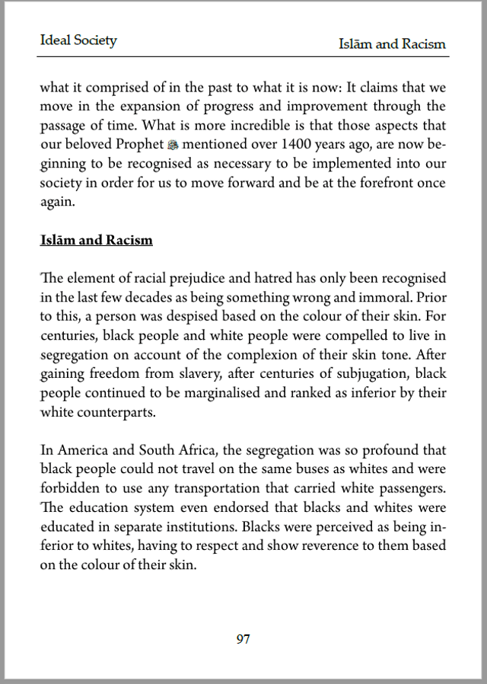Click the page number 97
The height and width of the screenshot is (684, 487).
point(243,639)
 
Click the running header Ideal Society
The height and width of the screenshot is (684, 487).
point(78,40)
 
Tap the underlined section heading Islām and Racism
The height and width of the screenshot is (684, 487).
point(96,240)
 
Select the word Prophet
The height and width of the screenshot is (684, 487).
point(138,144)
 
